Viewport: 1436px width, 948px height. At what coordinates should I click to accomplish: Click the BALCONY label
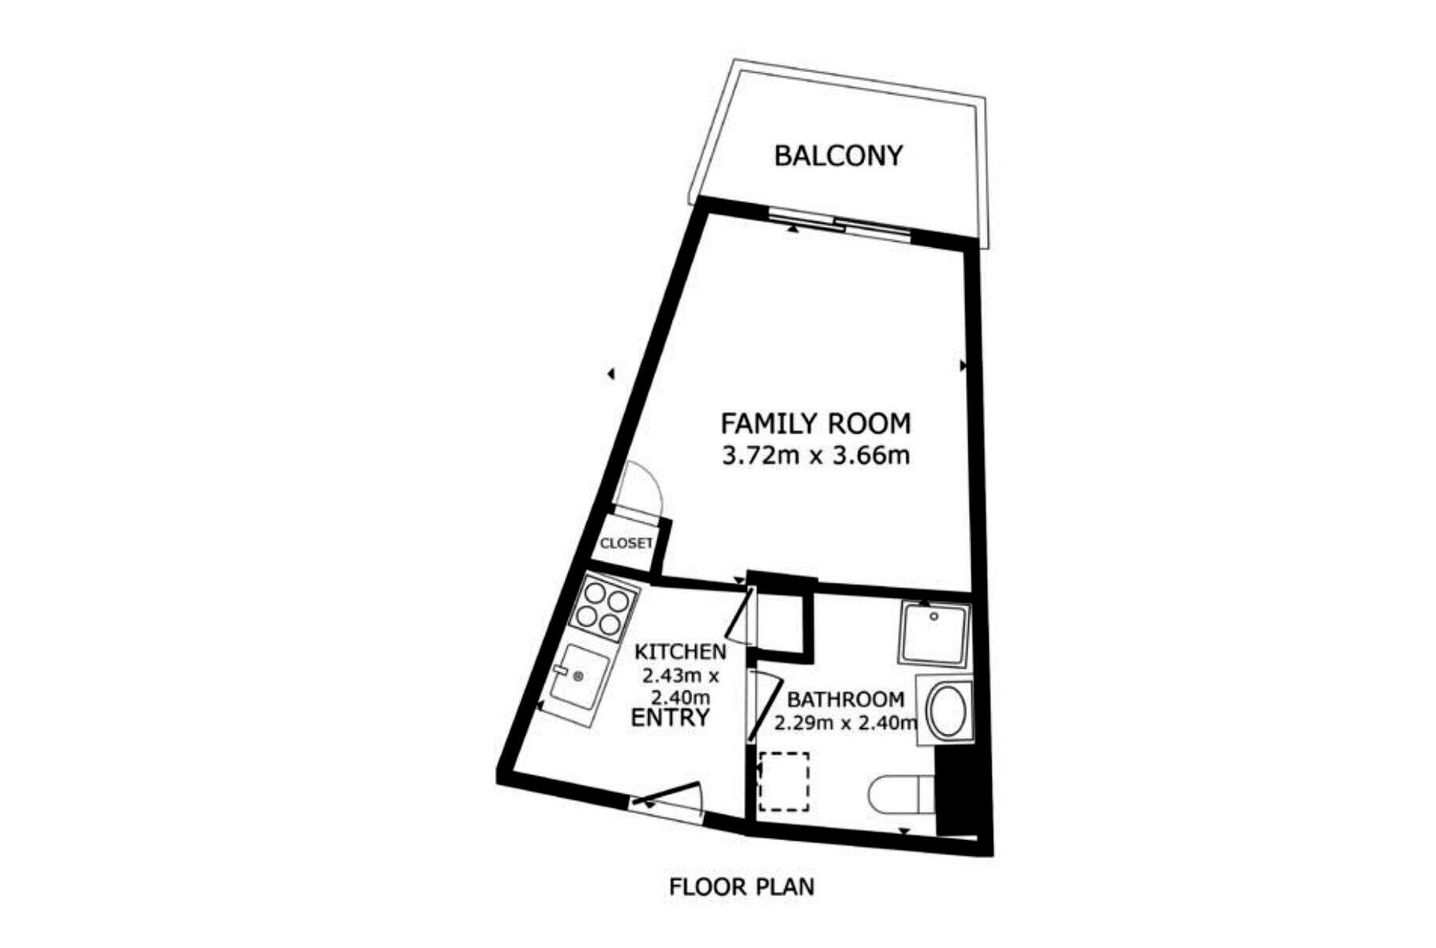pyautogui.click(x=838, y=156)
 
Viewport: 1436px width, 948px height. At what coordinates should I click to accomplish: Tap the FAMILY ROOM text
pyautogui.click(x=815, y=424)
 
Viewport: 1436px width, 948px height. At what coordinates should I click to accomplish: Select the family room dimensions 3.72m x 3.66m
pyautogui.click(x=816, y=456)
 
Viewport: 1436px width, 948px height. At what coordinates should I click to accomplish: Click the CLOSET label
pyautogui.click(x=626, y=544)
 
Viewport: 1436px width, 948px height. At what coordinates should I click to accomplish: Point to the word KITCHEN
pyautogui.click(x=681, y=652)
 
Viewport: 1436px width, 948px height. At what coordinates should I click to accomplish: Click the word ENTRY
pyautogui.click(x=670, y=718)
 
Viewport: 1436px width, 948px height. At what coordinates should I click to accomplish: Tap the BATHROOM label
pyautogui.click(x=845, y=699)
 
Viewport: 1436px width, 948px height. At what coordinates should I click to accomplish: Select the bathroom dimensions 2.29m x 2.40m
pyautogui.click(x=845, y=723)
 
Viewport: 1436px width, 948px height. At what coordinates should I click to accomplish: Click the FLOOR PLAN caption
pyautogui.click(x=741, y=887)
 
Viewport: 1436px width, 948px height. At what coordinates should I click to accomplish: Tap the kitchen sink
pyautogui.click(x=580, y=677)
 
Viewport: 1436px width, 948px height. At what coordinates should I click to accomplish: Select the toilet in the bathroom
pyautogui.click(x=901, y=795)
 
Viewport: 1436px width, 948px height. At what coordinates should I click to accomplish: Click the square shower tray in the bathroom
pyautogui.click(x=934, y=634)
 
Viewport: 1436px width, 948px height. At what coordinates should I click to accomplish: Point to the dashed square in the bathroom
pyautogui.click(x=784, y=781)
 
